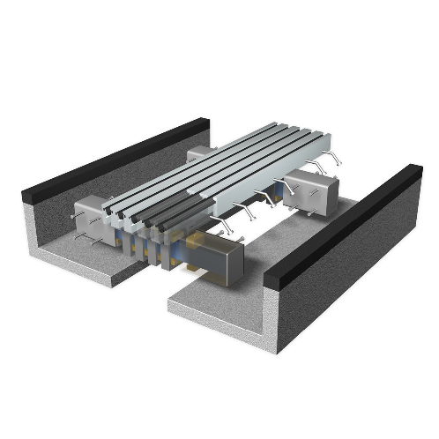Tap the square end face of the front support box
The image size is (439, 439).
pyautogui.click(x=231, y=262)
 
